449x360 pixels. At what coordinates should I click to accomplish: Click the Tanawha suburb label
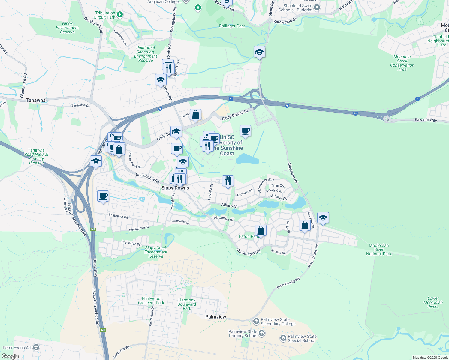pos(36,100)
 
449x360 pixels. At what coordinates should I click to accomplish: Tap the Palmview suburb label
pos(215,317)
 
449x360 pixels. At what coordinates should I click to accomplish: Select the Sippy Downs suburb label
pos(175,188)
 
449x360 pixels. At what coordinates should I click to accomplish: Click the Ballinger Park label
pos(232,26)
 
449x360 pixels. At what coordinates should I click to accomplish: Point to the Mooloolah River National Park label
pos(378,250)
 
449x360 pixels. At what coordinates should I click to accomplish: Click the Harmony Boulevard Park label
pos(187,304)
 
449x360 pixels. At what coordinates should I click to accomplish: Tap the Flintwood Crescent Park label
pos(151,301)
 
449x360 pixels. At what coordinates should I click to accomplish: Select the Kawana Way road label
pos(426,120)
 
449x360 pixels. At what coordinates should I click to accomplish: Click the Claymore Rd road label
pos(293,173)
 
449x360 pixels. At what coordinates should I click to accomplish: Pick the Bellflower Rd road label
pos(118,216)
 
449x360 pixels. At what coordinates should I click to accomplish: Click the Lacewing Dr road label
pos(180,222)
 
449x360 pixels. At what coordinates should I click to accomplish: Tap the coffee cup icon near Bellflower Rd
pos(103,196)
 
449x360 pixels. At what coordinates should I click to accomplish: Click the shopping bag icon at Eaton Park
pos(261,230)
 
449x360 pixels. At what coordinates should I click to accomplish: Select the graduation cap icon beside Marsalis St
pos(323,218)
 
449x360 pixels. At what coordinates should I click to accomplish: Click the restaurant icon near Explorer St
pos(228,181)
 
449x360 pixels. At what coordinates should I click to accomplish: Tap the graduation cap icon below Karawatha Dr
pos(259,52)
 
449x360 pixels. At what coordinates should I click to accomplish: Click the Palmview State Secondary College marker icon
pos(256,322)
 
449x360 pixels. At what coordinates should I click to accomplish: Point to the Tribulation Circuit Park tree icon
pos(120,14)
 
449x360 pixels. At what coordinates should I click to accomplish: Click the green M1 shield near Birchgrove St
pos(93,229)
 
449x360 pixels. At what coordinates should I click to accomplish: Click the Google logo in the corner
pos(10,356)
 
